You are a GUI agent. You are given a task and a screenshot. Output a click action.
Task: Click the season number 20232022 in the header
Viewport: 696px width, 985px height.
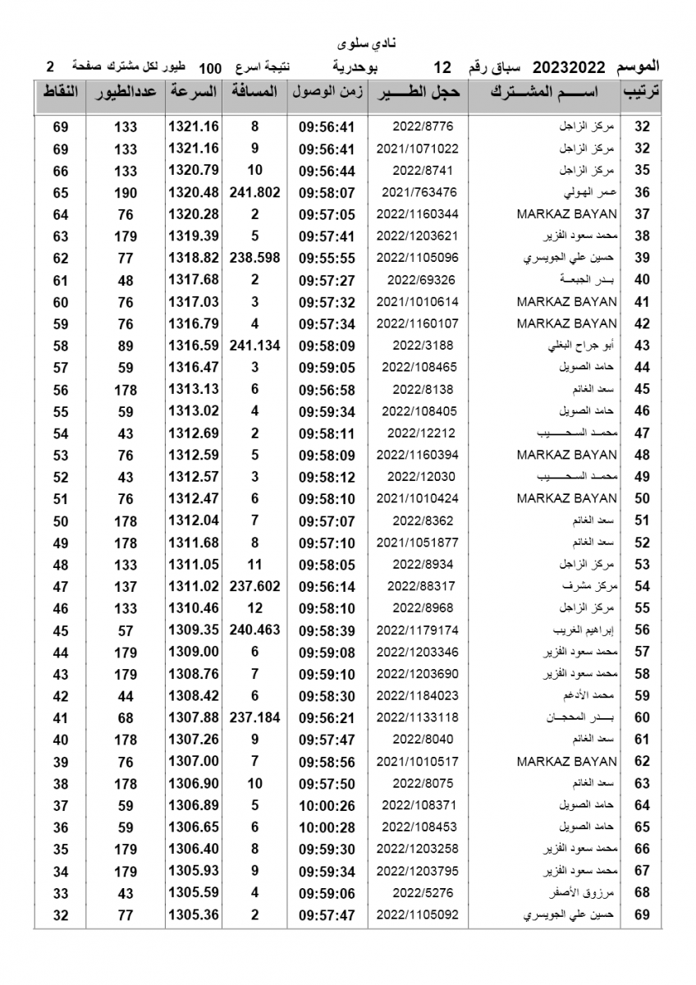(569, 66)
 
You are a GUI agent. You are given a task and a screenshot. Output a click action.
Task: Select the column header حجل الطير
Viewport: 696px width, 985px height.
(417, 92)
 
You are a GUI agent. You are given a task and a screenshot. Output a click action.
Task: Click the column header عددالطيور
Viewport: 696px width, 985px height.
(125, 92)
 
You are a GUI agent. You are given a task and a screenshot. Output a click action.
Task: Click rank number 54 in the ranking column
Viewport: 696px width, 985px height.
(642, 586)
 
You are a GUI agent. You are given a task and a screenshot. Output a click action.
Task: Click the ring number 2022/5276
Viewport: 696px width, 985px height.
(417, 892)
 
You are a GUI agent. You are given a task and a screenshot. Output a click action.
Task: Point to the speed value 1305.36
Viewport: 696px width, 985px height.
(194, 914)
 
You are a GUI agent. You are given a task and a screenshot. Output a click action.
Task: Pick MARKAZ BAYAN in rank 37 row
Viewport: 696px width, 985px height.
(567, 214)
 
